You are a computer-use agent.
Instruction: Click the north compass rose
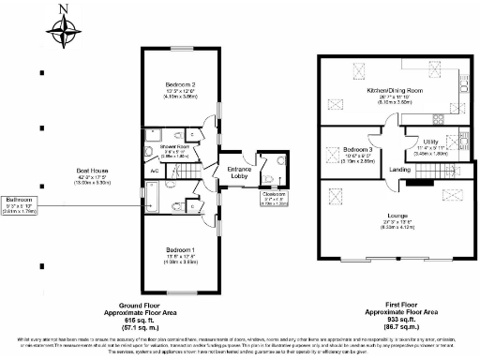65,27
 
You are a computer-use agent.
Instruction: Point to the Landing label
400,170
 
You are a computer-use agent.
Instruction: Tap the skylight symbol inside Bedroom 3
333,156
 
